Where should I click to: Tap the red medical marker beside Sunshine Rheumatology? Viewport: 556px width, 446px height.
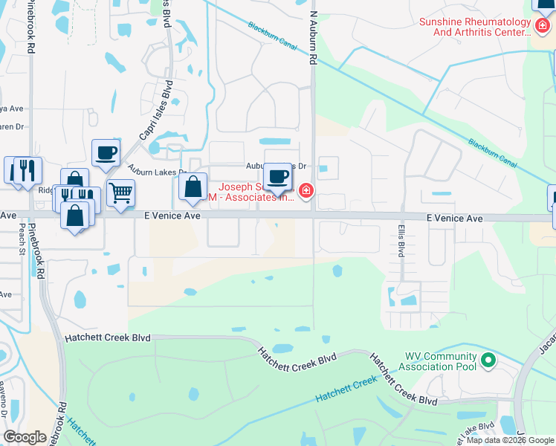click(543, 26)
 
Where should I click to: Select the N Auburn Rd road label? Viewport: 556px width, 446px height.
click(314, 37)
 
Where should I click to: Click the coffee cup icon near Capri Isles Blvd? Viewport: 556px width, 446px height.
click(106, 153)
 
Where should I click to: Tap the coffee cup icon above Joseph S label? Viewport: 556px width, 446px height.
click(278, 177)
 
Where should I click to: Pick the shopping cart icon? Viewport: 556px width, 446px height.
click(120, 193)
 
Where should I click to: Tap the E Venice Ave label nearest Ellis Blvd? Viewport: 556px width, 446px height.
click(455, 219)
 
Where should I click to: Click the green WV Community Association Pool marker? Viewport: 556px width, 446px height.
click(488, 362)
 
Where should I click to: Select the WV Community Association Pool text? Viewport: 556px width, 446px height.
click(439, 362)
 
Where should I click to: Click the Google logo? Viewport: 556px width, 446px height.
click(25, 437)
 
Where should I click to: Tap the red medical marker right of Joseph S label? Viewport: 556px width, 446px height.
click(306, 193)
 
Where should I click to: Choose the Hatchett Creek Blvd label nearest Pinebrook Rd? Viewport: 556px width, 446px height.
click(108, 337)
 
